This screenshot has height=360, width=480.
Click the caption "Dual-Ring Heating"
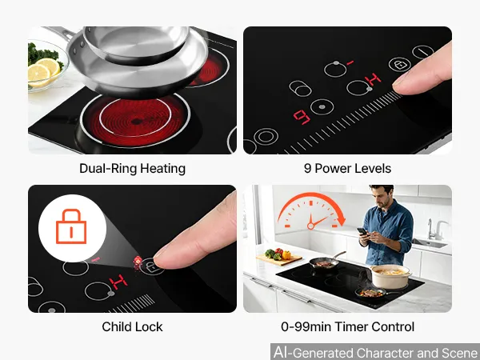(x=132, y=169)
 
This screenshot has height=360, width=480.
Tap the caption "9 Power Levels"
(x=347, y=169)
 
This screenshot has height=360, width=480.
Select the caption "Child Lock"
(x=132, y=326)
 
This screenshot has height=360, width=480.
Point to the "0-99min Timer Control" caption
(x=347, y=326)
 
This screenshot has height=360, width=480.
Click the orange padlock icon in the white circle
(x=71, y=226)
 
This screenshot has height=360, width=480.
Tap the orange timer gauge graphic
(x=311, y=211)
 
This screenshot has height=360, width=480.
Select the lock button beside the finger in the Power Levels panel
(x=399, y=65)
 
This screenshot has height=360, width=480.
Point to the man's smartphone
(x=362, y=231)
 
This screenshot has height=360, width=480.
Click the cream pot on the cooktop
(x=390, y=277)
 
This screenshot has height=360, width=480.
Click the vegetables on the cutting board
(x=278, y=254)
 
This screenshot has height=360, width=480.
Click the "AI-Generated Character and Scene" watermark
(x=376, y=352)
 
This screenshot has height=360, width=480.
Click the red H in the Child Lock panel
(x=118, y=282)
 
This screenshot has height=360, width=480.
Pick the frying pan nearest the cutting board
(x=325, y=262)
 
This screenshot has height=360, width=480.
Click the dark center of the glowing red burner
(x=137, y=122)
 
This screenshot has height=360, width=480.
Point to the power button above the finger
(x=422, y=52)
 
